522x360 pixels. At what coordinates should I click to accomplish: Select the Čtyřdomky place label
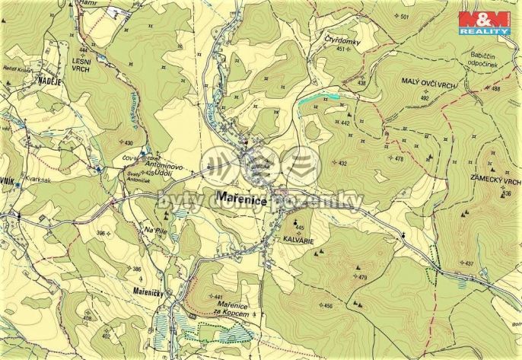tap(341, 42)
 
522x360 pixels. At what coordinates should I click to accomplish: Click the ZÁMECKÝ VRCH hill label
tap(495, 182)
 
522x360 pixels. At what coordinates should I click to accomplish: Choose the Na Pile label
tap(155, 231)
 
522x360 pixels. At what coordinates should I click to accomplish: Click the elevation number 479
tap(362, 277)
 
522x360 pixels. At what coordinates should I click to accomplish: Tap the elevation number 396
tap(100, 233)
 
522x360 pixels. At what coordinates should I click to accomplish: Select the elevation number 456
tap(328, 306)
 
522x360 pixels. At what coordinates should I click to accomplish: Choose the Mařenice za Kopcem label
tap(240, 308)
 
